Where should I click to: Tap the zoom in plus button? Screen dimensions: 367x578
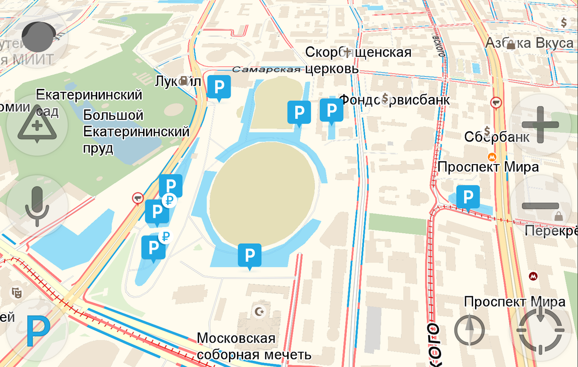pyautogui.click(x=540, y=125)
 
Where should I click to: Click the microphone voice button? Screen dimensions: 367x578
pyautogui.click(x=37, y=206)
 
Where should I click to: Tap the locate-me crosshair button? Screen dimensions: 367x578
pyautogui.click(x=541, y=330)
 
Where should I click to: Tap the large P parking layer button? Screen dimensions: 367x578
pyautogui.click(x=37, y=331)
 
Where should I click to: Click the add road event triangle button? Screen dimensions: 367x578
pyautogui.click(x=37, y=125)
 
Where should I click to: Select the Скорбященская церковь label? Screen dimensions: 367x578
pyautogui.click(x=358, y=60)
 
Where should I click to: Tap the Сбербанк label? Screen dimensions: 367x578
pyautogui.click(x=497, y=136)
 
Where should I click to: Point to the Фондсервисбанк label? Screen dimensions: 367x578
pyautogui.click(x=394, y=99)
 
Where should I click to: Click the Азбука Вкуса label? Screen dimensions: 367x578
pyautogui.click(x=529, y=43)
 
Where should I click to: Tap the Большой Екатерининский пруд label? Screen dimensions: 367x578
pyautogui.click(x=136, y=132)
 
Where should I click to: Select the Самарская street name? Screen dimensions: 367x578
pyautogui.click(x=266, y=70)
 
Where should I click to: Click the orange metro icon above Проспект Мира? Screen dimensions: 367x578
pyautogui.click(x=492, y=156)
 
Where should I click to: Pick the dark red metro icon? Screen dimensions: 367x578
pyautogui.click(x=534, y=276)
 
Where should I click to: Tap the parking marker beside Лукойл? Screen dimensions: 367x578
pyautogui.click(x=219, y=87)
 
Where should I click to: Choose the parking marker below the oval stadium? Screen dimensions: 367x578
pyautogui.click(x=250, y=255)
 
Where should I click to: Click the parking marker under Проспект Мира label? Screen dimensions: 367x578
pyautogui.click(x=468, y=197)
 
